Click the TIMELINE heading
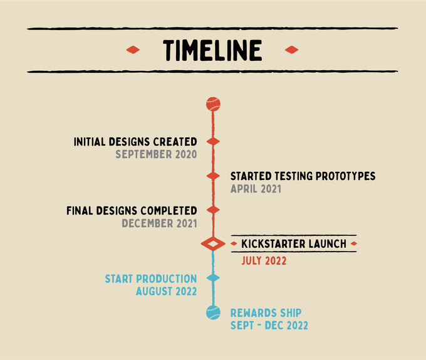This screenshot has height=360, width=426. [x=212, y=50]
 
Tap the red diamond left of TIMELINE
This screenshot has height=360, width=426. [x=133, y=50]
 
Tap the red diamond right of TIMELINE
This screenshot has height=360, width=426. [x=291, y=50]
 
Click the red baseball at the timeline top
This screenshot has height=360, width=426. [x=213, y=104]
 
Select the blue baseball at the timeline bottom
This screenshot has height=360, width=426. [x=213, y=312]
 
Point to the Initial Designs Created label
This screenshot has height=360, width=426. [x=135, y=142]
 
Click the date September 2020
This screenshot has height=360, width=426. [x=156, y=154]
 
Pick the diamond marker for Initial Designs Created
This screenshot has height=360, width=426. [x=213, y=142]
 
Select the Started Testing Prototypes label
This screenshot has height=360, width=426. [x=303, y=176]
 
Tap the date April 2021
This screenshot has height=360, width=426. [x=256, y=189]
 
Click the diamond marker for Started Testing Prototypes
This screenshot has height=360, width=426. [x=213, y=176]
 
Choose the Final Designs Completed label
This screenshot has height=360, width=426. [x=132, y=211]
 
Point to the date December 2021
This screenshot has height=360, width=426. [x=160, y=223]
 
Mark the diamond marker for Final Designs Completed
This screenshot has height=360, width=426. [x=213, y=210]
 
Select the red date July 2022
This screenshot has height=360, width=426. [x=264, y=261]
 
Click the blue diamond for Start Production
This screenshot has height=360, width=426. [x=213, y=278]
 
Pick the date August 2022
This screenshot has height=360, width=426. [x=166, y=292]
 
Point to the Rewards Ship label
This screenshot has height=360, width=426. [x=266, y=313]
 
